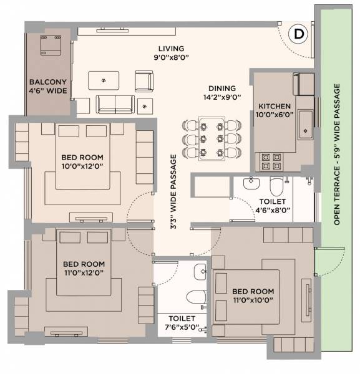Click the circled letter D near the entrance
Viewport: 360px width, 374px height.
[299, 35]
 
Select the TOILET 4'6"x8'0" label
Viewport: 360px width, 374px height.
[273, 206]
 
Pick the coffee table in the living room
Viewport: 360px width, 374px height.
[104, 79]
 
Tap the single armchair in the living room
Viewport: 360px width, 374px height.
[144, 81]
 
